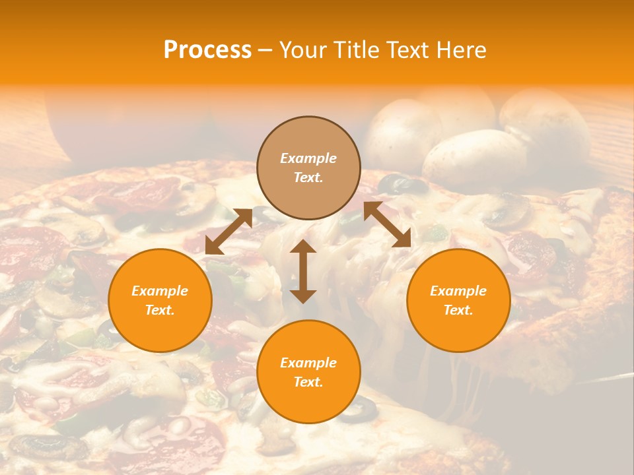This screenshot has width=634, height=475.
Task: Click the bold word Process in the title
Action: point(207,50)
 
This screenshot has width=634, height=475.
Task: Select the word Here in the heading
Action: point(462,50)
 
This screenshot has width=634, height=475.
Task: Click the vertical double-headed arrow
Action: point(303,271)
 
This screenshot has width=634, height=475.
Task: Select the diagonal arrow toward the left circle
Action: point(229,232)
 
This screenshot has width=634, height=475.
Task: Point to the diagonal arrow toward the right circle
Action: point(387,224)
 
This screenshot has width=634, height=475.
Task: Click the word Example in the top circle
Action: point(308,158)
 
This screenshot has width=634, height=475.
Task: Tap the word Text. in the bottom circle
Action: point(308,382)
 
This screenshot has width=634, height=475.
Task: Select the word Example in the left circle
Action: point(160,291)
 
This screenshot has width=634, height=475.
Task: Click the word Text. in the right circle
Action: point(458,310)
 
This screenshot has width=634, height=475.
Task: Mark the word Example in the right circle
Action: point(458,291)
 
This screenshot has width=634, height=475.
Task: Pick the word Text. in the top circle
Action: point(308,177)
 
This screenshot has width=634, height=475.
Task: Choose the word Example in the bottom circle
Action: point(308,363)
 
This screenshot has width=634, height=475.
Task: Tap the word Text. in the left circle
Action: point(160,310)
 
